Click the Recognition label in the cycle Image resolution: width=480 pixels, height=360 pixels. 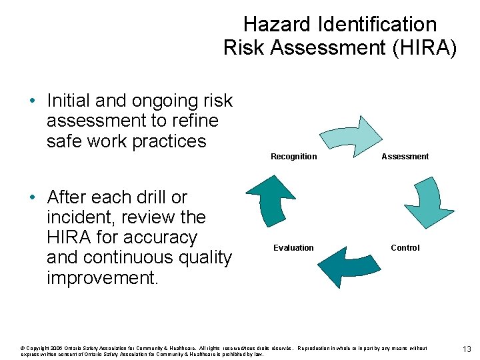(x=293, y=157)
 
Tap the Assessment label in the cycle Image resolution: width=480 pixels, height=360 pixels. (x=405, y=157)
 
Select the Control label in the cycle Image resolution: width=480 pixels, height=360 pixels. (x=405, y=248)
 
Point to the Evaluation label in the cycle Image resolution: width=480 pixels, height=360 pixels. (x=293, y=248)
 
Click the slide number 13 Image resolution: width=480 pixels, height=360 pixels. (x=467, y=350)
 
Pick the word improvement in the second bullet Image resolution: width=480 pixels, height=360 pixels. (x=102, y=277)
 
